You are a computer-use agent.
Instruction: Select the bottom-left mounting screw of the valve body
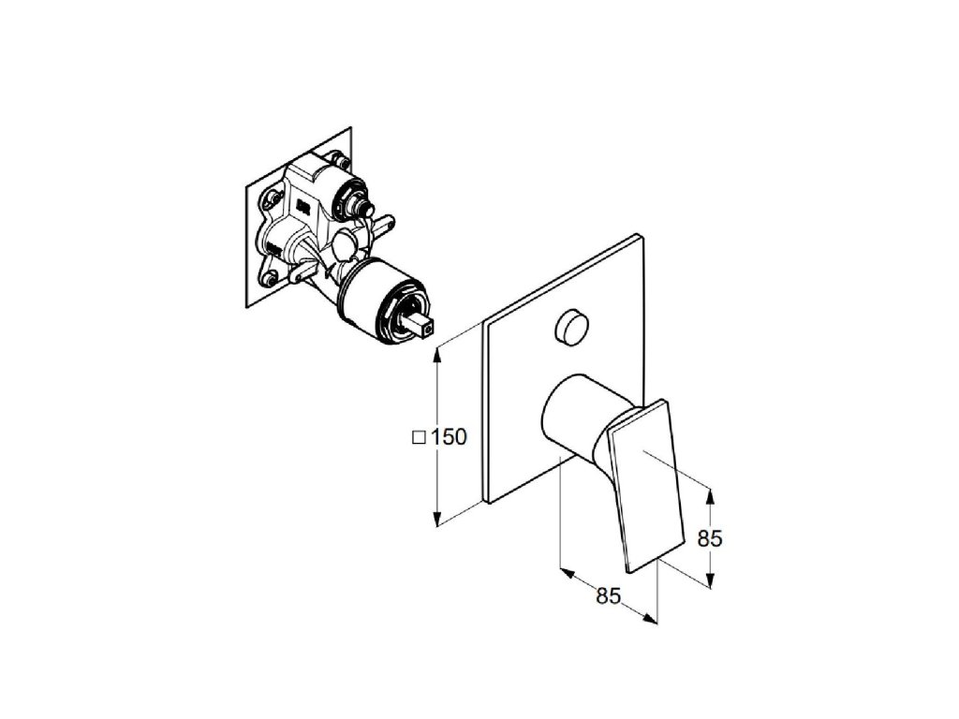(x=269, y=276)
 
